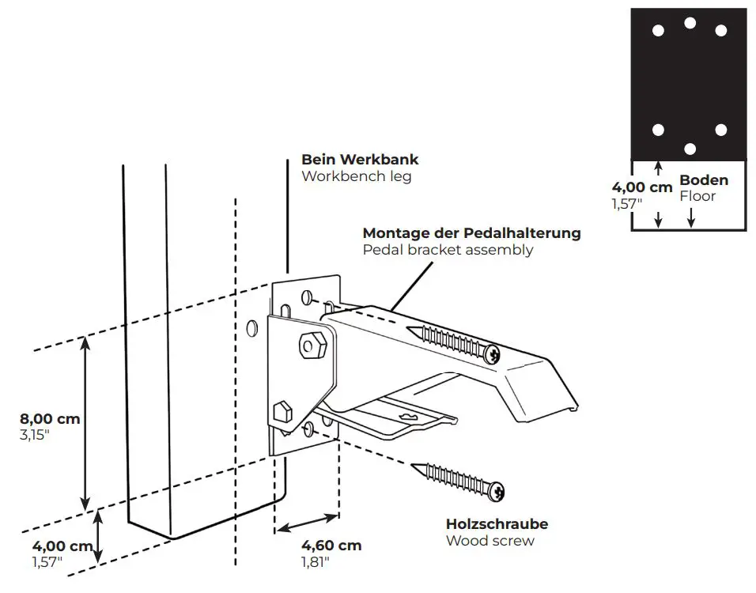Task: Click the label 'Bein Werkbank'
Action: pyautogui.click(x=360, y=160)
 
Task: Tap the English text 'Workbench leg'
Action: pyautogui.click(x=356, y=176)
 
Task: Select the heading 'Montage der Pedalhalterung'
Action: pyautogui.click(x=471, y=233)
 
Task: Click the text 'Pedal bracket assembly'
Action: pyautogui.click(x=448, y=250)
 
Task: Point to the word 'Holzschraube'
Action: pyautogui.click(x=497, y=524)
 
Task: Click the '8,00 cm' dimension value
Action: pyautogui.click(x=51, y=419)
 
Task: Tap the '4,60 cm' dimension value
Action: pyautogui.click(x=331, y=546)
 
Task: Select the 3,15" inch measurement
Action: pyautogui.click(x=35, y=435)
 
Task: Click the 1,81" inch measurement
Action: pyautogui.click(x=315, y=562)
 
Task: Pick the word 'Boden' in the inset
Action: pyautogui.click(x=704, y=180)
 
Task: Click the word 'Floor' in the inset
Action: pyautogui.click(x=697, y=196)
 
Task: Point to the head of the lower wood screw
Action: pyautogui.click(x=497, y=492)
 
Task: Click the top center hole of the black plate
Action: pyautogui.click(x=690, y=23)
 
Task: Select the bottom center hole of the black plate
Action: pyautogui.click(x=690, y=149)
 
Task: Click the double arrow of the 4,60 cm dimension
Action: pyautogui.click(x=308, y=526)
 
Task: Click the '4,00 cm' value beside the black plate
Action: pyautogui.click(x=642, y=188)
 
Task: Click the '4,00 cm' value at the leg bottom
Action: pyautogui.click(x=62, y=546)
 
